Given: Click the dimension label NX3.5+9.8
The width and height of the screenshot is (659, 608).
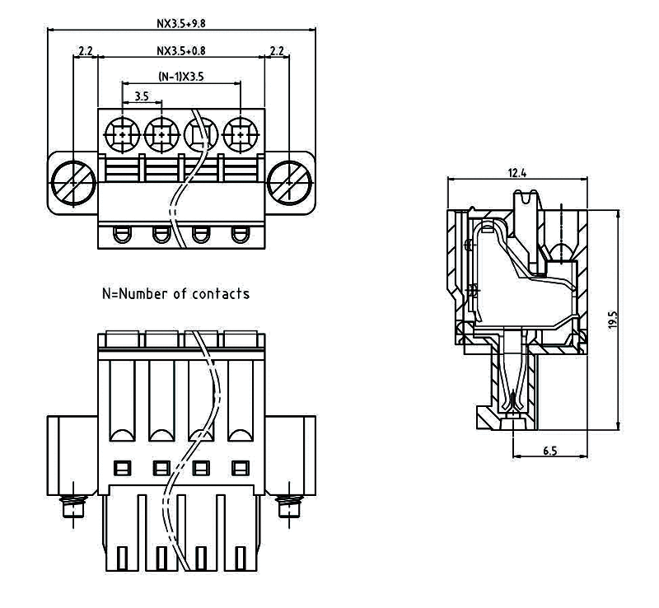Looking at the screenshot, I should (x=181, y=23).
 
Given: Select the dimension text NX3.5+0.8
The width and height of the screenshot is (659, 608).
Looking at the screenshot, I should (x=181, y=51).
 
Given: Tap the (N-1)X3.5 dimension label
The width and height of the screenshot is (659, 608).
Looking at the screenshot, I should (x=181, y=77).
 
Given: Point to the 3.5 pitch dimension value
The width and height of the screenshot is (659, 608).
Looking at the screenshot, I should (x=141, y=96).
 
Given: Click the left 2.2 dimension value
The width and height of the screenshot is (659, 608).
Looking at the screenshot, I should (x=85, y=51).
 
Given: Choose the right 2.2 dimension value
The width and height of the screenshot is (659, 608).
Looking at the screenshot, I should (x=277, y=51).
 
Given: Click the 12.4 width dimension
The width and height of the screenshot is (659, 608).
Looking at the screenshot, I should (x=516, y=173).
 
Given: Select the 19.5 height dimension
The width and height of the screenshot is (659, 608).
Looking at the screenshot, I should (x=612, y=320).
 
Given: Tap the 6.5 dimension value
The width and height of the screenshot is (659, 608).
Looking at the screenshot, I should (x=549, y=451).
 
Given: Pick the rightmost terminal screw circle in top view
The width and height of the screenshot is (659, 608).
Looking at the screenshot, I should (x=240, y=133).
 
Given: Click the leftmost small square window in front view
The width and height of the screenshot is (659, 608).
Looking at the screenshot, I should (x=121, y=468).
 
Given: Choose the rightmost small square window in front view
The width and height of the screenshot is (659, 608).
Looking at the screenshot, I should (x=240, y=468).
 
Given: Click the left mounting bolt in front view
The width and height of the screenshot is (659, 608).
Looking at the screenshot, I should (x=74, y=506).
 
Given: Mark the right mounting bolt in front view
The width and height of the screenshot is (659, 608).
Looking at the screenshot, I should (x=287, y=506).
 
